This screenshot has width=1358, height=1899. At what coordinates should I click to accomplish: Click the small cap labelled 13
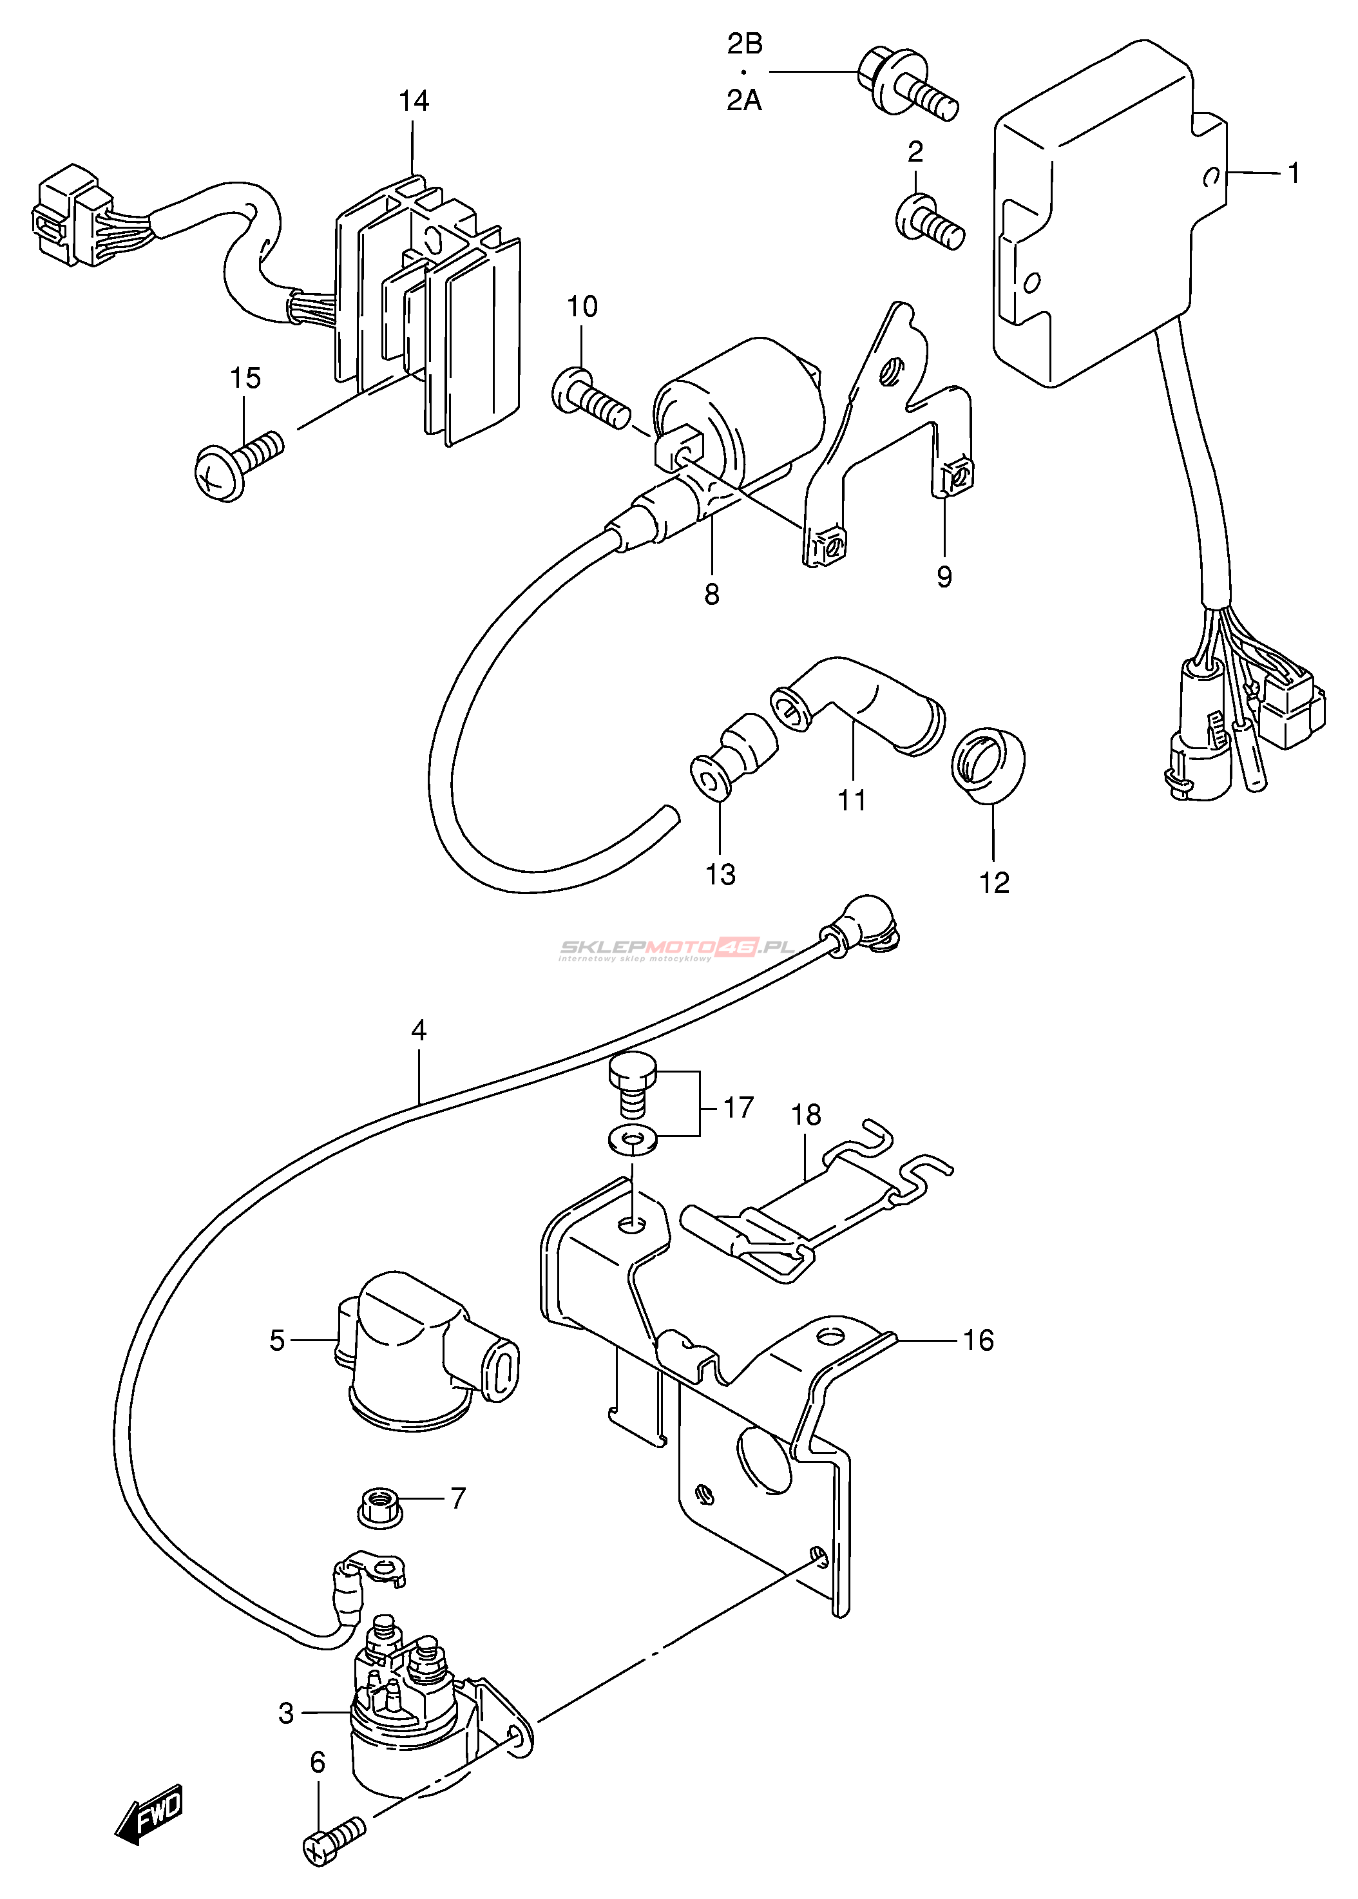coord(733,755)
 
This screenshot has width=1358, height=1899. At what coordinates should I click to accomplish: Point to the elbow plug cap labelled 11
coord(859,704)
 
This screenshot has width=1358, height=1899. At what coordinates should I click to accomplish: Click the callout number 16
coord(979,1341)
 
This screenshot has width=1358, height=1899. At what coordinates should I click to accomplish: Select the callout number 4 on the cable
coord(419,1029)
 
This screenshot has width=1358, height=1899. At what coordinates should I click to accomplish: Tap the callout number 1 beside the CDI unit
coord(1294,174)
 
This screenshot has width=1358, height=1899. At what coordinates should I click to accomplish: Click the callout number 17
coord(738,1108)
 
